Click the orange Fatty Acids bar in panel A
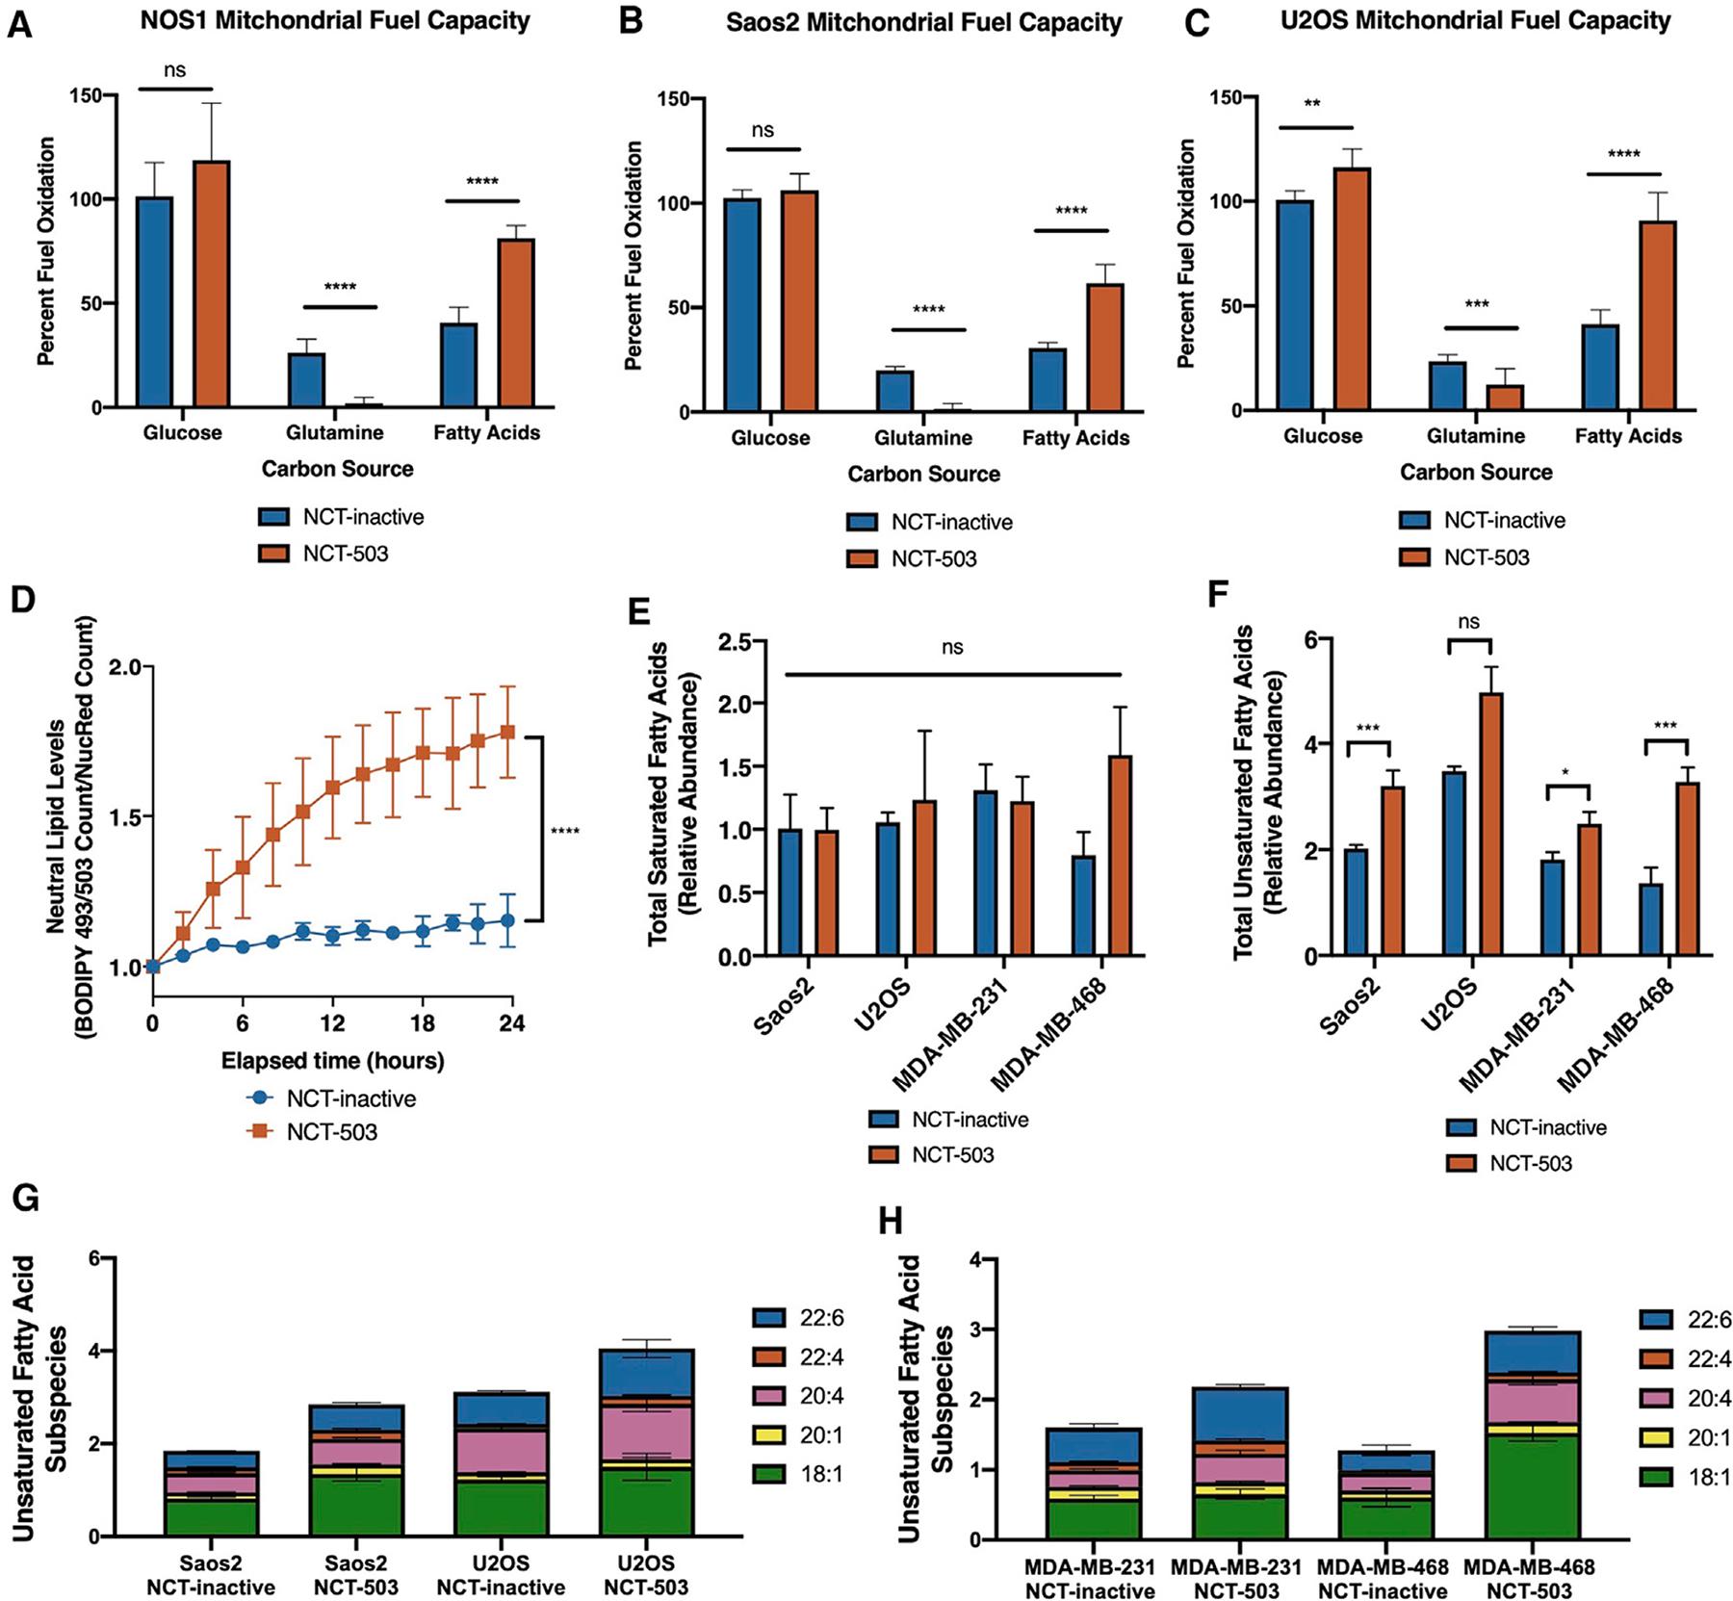click(515, 323)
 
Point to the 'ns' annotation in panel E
click(952, 647)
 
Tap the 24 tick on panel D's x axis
click(511, 1022)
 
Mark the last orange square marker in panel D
click(507, 732)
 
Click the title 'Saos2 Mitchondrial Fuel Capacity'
click(923, 22)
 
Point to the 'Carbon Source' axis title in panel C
click(1476, 472)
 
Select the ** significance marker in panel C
click(1312, 103)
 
